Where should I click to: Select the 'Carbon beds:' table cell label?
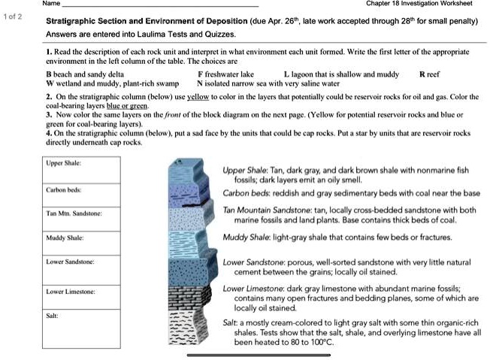(65, 189)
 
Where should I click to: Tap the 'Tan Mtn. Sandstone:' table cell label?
(74, 214)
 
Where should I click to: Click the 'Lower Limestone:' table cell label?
(71, 291)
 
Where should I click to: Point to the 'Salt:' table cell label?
(53, 316)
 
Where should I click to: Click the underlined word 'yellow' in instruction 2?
(198, 98)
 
